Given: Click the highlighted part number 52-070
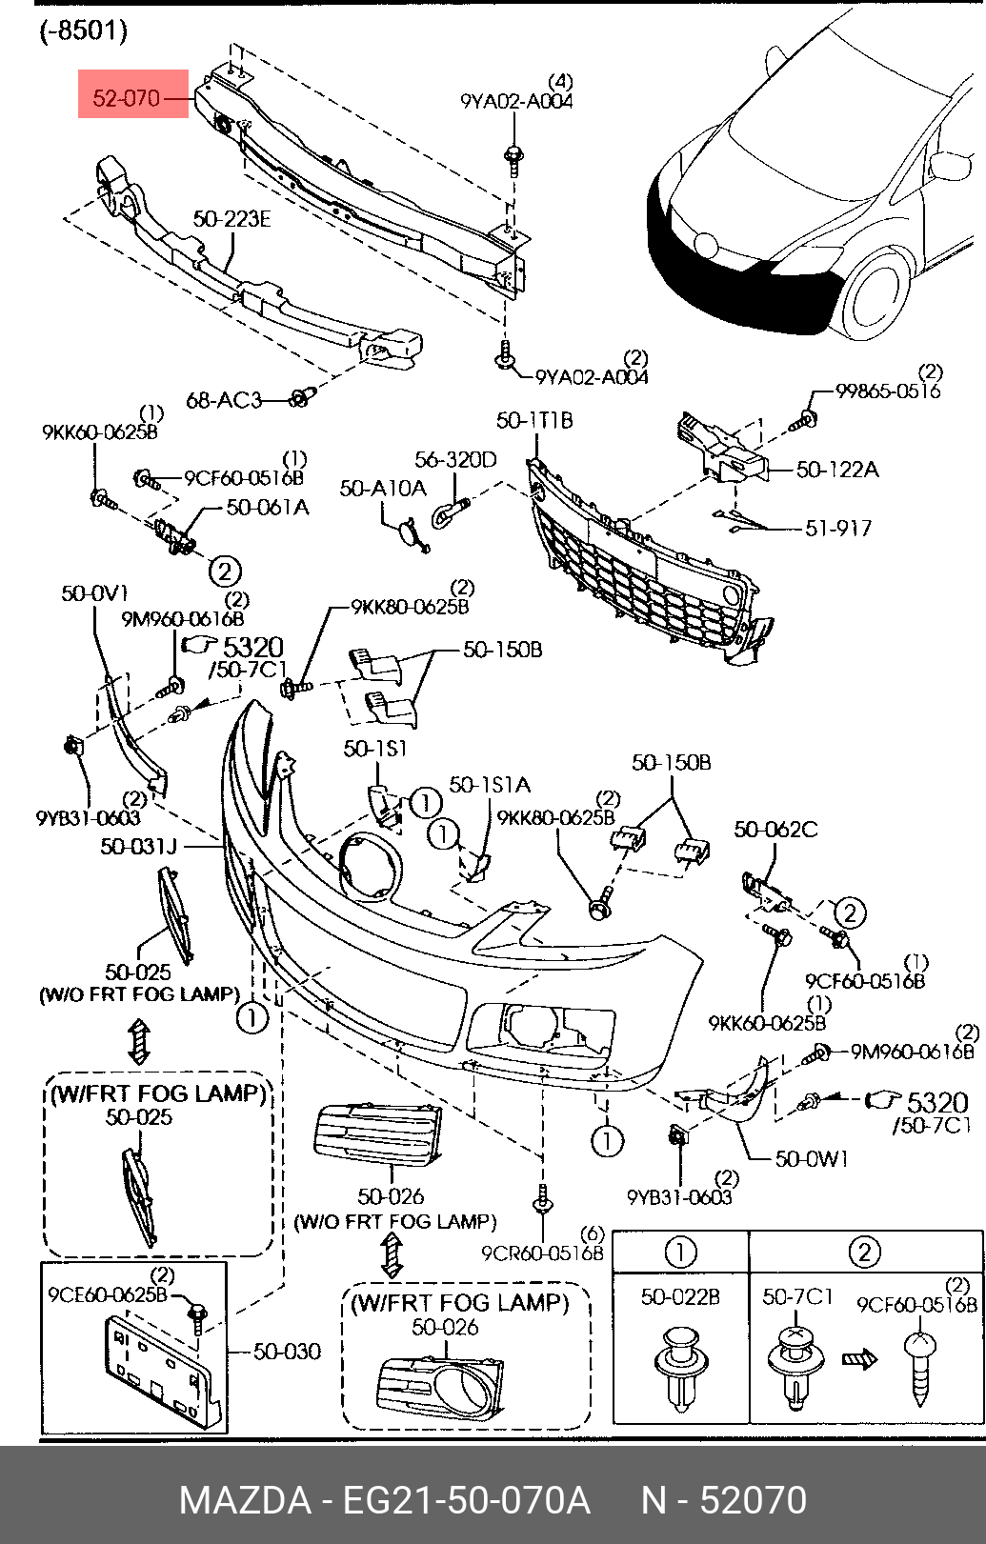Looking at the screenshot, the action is [126, 98].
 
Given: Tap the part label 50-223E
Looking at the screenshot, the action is [231, 219].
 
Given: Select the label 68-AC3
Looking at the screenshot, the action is [224, 400].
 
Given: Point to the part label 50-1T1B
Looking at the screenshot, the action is [534, 420].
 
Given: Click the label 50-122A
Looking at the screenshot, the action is [837, 470].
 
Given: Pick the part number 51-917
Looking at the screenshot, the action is [838, 529].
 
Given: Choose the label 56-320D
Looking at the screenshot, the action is [455, 459].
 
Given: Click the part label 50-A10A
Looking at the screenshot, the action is [383, 488].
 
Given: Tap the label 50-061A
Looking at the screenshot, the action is [268, 508].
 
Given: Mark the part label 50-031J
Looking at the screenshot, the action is [138, 846].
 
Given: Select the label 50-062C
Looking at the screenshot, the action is [775, 830].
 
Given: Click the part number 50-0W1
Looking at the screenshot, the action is [812, 1158].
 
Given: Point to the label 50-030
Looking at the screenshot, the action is [287, 1351].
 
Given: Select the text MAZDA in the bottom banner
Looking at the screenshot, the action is [245, 1500].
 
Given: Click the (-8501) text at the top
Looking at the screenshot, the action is [82, 30].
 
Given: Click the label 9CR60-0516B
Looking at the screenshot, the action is [542, 1253].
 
